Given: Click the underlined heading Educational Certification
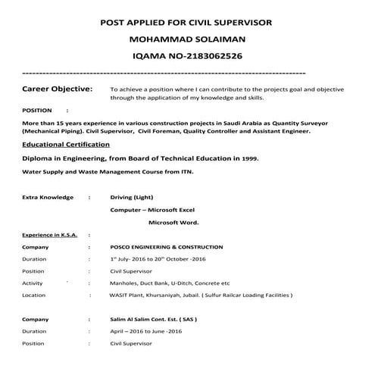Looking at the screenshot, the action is pos(66,143).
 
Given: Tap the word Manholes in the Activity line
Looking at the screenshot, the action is pos(126,283).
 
